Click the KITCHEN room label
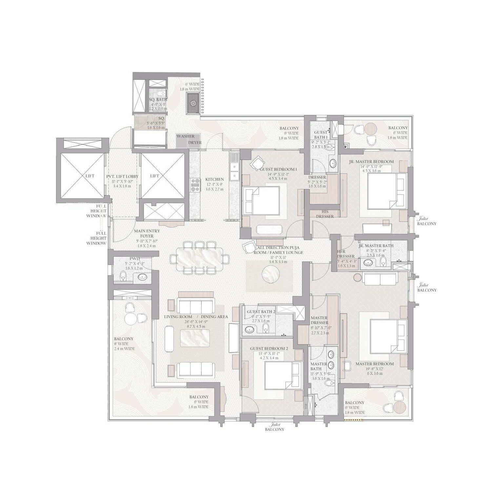214,179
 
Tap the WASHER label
186,136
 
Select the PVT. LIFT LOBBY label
122,176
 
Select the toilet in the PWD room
123,276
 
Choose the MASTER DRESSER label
319,320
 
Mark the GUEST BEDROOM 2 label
269,349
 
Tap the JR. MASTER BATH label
376,246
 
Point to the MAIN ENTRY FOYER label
147,233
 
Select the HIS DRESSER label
325,214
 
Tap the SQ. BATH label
158,99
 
